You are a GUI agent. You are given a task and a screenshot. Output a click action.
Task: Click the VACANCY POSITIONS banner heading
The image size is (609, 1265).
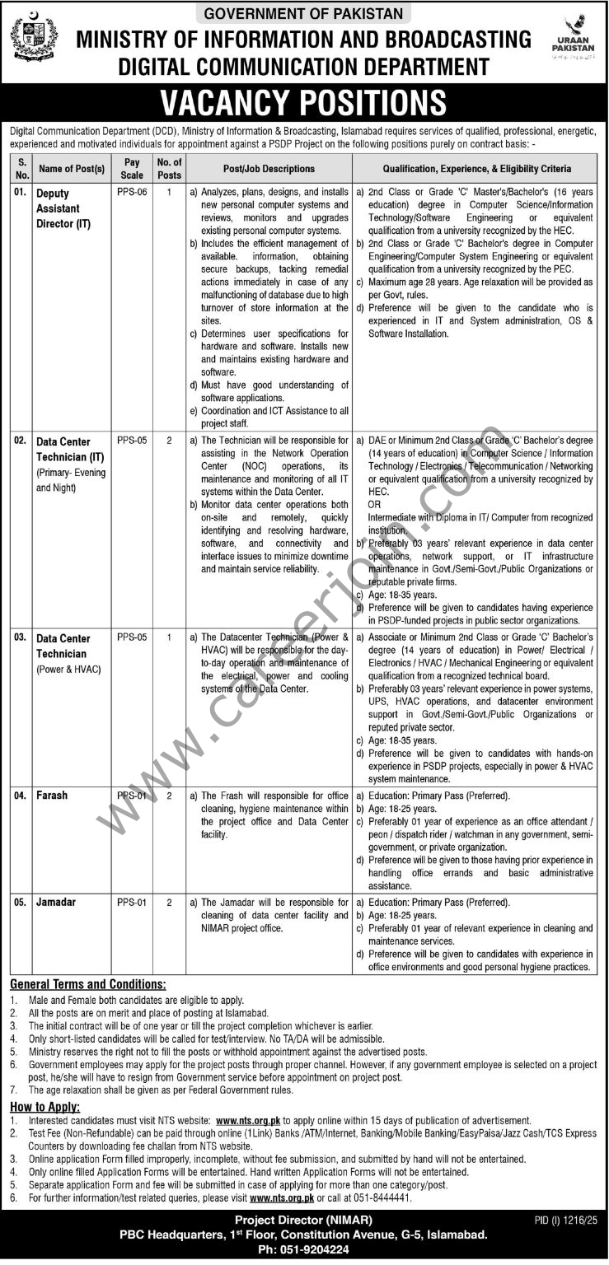click(303, 103)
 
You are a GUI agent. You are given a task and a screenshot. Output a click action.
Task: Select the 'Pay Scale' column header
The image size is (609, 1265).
click(132, 169)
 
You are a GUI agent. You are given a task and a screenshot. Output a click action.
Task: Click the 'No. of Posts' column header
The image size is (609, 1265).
click(169, 169)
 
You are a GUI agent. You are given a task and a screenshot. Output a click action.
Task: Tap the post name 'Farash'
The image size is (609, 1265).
click(52, 796)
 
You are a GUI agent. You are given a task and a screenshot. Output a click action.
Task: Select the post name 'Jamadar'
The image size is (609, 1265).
click(56, 902)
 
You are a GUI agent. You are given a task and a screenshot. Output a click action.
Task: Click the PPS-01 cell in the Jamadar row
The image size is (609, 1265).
click(132, 903)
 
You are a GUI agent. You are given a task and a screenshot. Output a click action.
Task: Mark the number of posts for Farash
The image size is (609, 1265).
click(169, 796)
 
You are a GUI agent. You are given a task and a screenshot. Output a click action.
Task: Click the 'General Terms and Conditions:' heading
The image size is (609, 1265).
click(87, 984)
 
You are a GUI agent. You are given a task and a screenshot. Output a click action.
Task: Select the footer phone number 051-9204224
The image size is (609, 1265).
click(304, 1249)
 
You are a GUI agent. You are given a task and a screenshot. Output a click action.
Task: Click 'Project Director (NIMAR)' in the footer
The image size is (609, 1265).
click(303, 1220)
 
